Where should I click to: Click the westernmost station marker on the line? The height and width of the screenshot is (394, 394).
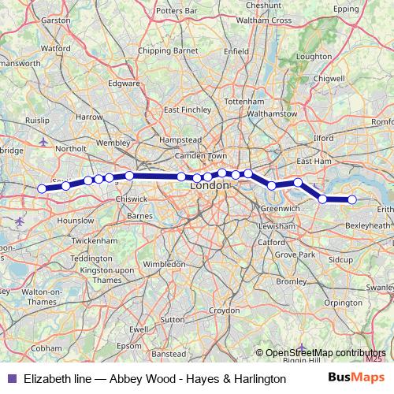[42, 188]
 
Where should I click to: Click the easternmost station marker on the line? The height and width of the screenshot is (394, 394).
[352, 200]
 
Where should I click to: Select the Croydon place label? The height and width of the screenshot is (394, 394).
[224, 310]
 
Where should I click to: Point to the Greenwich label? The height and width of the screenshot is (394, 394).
[280, 208]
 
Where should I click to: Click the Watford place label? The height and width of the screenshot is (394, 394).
[55, 48]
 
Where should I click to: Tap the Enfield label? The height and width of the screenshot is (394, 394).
[236, 51]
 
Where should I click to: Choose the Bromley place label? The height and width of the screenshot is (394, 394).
[292, 281]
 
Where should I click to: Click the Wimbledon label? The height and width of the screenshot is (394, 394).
[165, 264]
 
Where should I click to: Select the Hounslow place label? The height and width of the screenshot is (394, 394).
[76, 221]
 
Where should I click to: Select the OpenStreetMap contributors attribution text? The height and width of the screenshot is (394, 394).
[325, 353]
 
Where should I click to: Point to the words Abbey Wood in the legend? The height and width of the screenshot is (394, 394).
[129, 379]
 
